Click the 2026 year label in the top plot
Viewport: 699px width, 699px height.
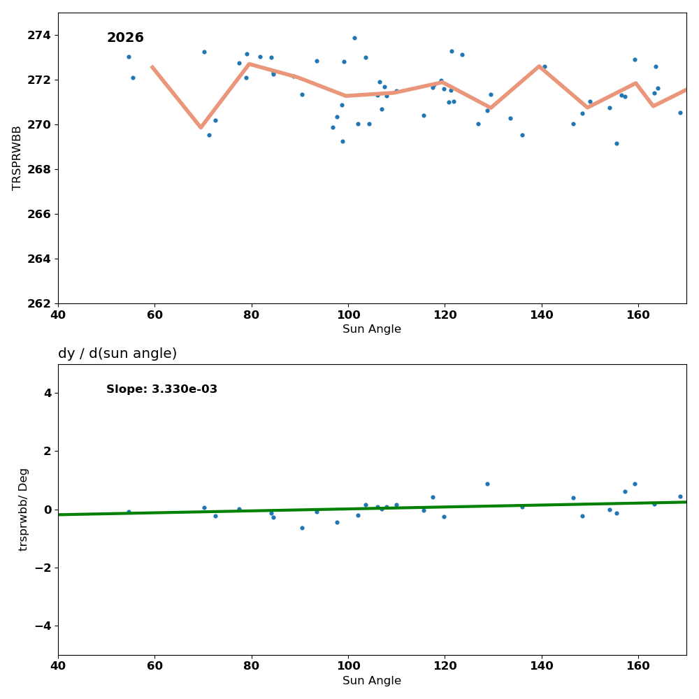(125, 38)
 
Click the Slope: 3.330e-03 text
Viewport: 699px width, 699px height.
(161, 389)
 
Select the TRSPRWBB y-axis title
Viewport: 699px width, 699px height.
(17, 158)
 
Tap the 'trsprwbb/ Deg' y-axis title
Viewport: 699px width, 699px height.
(24, 510)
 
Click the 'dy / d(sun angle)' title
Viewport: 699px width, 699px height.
(117, 354)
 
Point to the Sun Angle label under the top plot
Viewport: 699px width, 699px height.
(372, 329)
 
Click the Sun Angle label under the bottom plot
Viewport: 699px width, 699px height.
(372, 681)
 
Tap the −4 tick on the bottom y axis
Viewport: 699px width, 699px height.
(43, 626)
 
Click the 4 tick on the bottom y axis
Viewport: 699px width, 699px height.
(48, 393)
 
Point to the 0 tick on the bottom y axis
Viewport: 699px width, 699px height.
(48, 510)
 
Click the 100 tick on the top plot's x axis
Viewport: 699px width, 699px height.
(348, 315)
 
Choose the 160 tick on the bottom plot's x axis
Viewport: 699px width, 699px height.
(638, 666)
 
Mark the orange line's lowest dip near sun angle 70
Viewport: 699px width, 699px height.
(201, 127)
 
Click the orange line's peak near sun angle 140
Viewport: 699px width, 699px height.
(539, 66)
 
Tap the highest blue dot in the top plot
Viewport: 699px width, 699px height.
(354, 38)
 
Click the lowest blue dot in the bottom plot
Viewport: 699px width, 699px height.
(302, 528)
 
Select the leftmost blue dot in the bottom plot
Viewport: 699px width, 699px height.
(129, 512)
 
